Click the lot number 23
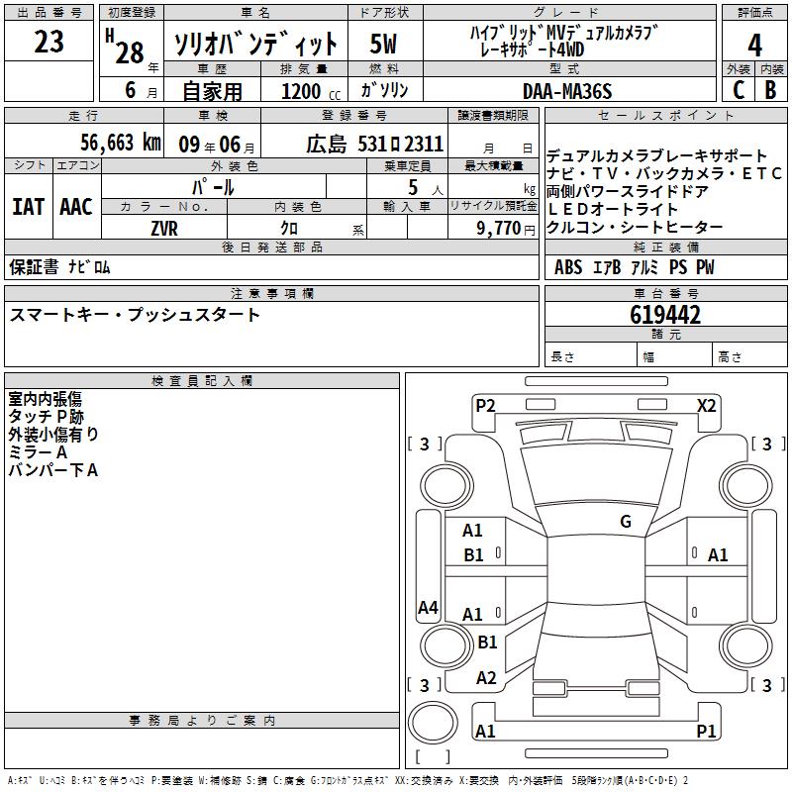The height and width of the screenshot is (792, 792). click(49, 43)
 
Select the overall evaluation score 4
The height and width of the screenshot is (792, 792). click(754, 45)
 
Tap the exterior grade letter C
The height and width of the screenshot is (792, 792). click(739, 90)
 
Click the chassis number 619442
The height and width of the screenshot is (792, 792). click(665, 315)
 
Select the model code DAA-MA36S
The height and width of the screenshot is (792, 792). click(567, 91)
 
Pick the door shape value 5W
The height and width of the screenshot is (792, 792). click(384, 45)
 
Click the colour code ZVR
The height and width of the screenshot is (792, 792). click(163, 227)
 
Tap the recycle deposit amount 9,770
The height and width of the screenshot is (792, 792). click(492, 227)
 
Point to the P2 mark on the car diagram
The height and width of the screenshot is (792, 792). click(485, 405)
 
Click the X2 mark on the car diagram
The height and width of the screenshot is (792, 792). click(707, 405)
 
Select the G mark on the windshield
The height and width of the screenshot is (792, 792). click(626, 522)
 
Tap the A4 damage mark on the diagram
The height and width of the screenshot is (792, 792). click(428, 608)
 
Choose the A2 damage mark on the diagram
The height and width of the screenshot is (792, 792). click(486, 678)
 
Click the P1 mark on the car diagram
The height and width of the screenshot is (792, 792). click(706, 732)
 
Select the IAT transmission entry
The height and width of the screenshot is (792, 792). click(28, 207)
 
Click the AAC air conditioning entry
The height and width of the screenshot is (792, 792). click(76, 207)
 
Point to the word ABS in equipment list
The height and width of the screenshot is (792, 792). click(568, 267)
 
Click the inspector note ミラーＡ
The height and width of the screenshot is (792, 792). click(38, 451)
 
